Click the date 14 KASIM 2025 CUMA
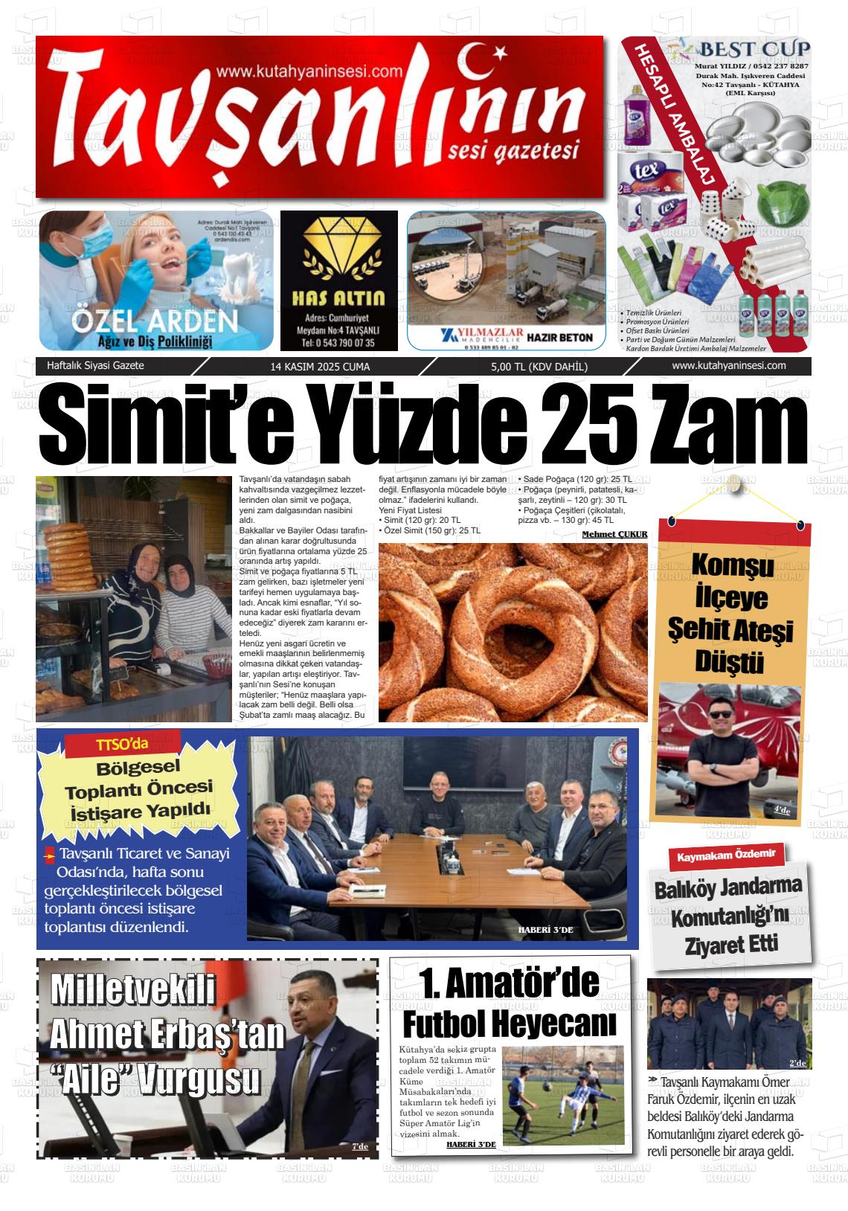pos(320,367)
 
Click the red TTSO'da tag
pos(123,745)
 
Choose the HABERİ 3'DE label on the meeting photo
pos(545,930)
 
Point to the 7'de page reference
pos(359,1146)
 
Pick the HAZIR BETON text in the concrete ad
pos(559,337)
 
